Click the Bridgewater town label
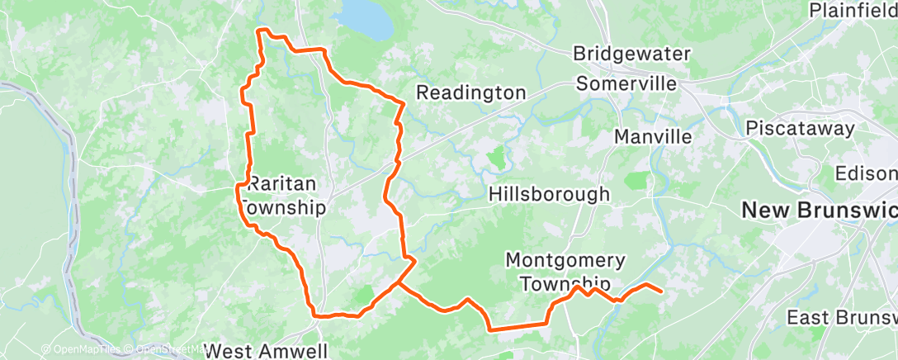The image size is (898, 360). pos(631,54)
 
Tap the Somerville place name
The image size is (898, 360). pos(626,83)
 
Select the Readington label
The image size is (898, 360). pos(470,92)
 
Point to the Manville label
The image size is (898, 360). pos(653,136)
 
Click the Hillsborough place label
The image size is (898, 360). pos(549,194)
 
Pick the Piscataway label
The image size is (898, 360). pos(800,128)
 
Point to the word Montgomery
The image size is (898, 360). pos(565,261)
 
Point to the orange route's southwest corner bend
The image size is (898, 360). pos(315,313)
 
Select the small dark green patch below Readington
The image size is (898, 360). pos(496,157)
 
